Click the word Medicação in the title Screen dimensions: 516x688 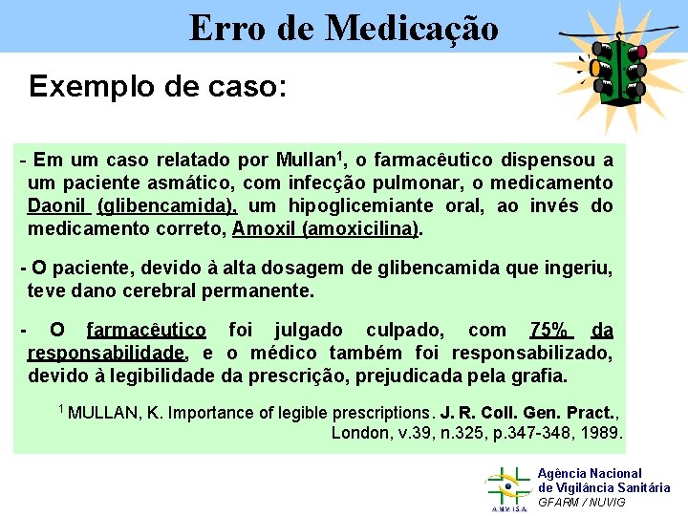click(x=412, y=29)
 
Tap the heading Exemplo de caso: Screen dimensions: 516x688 click(x=158, y=86)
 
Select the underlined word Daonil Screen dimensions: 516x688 click(x=57, y=205)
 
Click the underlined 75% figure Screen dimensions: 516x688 click(x=550, y=330)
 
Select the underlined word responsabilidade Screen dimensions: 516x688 click(x=106, y=353)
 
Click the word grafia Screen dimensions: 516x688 click(x=539, y=376)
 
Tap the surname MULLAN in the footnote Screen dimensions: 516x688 click(x=103, y=413)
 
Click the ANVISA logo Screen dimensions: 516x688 click(x=507, y=488)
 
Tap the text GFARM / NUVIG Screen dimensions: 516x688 click(x=582, y=503)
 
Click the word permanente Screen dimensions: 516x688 click(x=260, y=290)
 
